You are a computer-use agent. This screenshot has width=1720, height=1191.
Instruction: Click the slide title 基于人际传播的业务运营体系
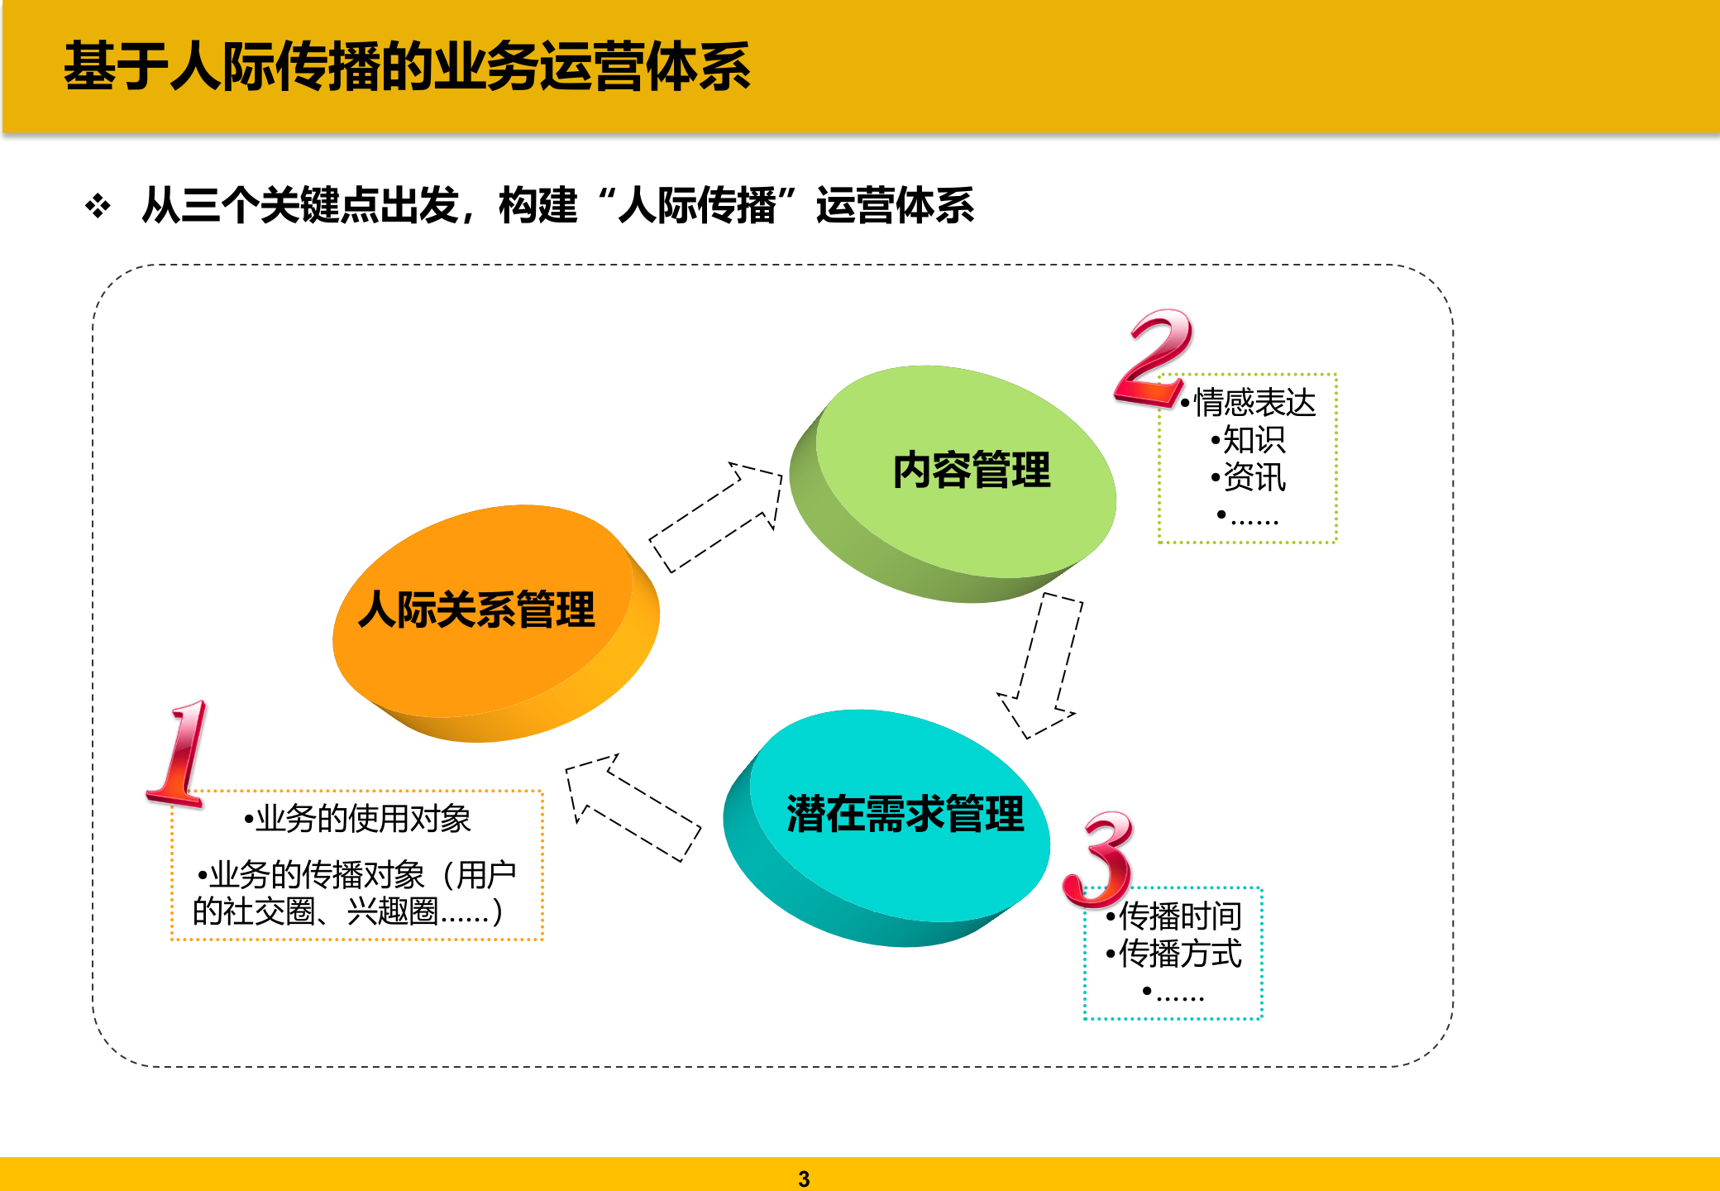(407, 66)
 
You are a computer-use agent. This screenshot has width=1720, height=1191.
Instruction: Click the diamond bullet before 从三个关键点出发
(98, 206)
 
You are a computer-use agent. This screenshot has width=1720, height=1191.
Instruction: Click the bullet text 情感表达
(1254, 403)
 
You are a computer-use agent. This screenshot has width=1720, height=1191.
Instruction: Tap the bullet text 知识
(1254, 440)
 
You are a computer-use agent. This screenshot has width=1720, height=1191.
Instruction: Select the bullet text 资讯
(1254, 477)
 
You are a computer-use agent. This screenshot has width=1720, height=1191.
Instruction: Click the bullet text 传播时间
(1179, 916)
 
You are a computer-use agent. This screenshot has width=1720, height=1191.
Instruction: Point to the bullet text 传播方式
(1179, 954)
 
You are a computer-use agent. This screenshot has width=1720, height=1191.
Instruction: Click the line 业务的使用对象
(362, 819)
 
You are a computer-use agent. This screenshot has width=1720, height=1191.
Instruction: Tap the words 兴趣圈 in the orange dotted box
(392, 911)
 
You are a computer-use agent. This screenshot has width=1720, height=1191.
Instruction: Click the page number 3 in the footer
(804, 1179)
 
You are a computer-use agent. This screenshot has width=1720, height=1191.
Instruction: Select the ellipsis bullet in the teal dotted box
(1174, 992)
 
